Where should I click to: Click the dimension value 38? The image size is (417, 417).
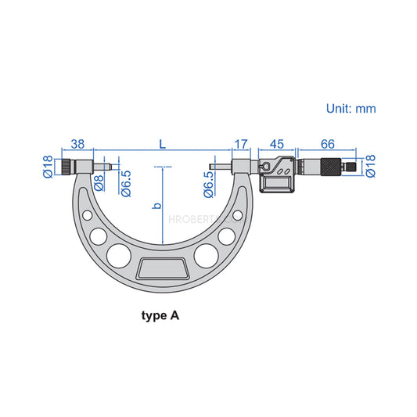pos(77,144)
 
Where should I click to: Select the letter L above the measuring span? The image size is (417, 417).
pos(162,144)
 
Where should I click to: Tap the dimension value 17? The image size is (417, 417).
pos(241,144)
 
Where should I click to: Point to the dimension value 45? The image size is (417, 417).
pos(275,144)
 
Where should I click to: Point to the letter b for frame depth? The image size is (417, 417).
pos(156,206)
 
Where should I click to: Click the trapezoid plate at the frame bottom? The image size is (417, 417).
pos(163,270)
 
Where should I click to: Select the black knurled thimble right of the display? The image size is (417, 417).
pos(333,167)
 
